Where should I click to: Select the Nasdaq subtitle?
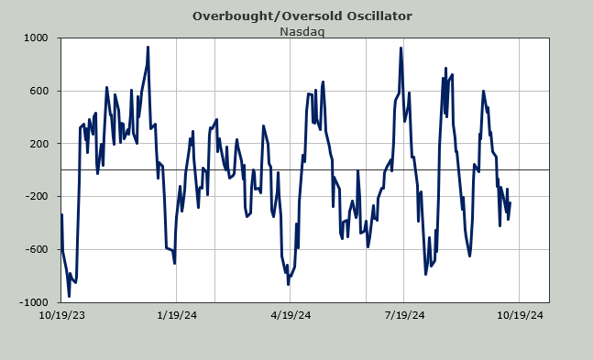(x=302, y=31)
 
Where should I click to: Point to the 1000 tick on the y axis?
(x=36, y=38)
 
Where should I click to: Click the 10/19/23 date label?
(x=62, y=315)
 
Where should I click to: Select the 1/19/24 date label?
(x=177, y=315)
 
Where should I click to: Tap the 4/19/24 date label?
(x=291, y=315)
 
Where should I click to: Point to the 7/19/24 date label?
(x=405, y=315)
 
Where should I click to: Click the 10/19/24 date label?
(x=520, y=315)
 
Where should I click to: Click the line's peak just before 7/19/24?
(x=401, y=48)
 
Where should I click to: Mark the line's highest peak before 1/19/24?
(x=148, y=47)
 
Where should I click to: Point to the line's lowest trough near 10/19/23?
(x=69, y=296)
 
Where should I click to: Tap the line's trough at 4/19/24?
(x=288, y=284)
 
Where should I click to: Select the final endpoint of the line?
(x=511, y=203)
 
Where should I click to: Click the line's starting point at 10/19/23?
(x=61, y=214)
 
